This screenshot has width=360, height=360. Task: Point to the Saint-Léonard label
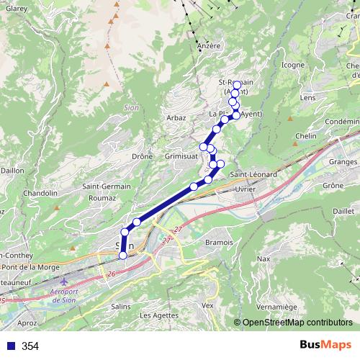(x=254, y=174)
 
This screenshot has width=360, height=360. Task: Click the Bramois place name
(x=219, y=243)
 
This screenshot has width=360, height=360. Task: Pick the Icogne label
(x=292, y=65)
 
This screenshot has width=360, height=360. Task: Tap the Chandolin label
(x=40, y=193)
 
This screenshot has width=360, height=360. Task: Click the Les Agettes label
(x=158, y=315)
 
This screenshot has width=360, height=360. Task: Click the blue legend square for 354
(x=9, y=346)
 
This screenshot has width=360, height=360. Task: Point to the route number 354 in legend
(x=30, y=346)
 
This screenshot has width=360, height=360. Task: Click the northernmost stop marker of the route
(x=236, y=85)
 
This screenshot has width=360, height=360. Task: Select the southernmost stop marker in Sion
(x=122, y=255)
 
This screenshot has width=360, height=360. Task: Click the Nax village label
(x=264, y=258)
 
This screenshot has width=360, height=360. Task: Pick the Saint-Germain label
(x=107, y=186)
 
